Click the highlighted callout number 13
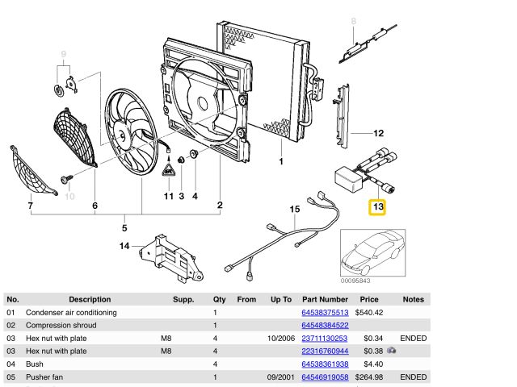click(x=378, y=208)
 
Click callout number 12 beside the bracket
click(x=378, y=133)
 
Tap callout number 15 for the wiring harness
click(x=294, y=210)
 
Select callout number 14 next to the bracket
click(x=124, y=246)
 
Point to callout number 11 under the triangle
click(x=168, y=196)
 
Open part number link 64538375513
click(x=324, y=312)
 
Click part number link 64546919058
click(x=324, y=377)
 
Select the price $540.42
click(x=369, y=312)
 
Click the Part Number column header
click(x=325, y=299)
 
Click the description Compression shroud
click(x=61, y=325)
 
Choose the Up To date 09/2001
click(x=275, y=377)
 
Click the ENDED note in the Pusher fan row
click(x=413, y=377)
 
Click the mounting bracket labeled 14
click(x=166, y=253)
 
